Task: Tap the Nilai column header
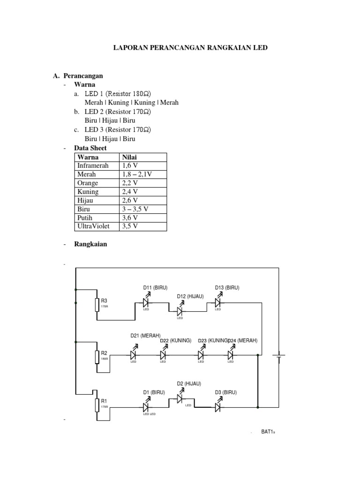[130, 157]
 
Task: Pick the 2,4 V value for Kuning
[130, 192]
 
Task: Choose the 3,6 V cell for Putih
[130, 218]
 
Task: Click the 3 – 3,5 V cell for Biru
[137, 209]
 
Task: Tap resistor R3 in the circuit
[97, 305]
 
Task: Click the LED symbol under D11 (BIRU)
[146, 302]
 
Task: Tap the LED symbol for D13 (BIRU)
[218, 302]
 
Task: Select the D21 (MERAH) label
[145, 336]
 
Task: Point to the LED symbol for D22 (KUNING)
[164, 355]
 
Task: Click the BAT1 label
[267, 432]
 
